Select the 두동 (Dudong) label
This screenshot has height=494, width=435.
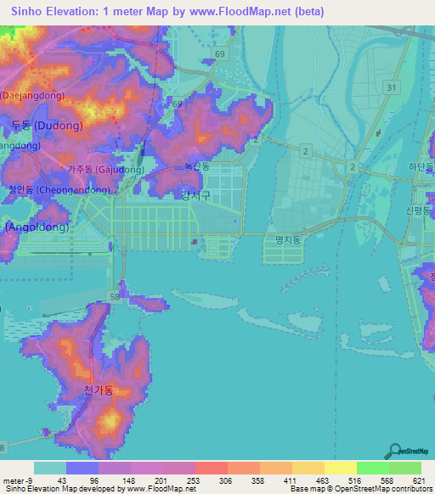(47, 126)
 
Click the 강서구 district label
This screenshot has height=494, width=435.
(195, 195)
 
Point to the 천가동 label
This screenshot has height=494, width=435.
(99, 390)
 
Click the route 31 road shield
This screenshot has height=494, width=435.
(390, 87)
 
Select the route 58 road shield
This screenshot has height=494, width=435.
(114, 295)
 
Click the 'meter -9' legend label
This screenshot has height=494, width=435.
(17, 480)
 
